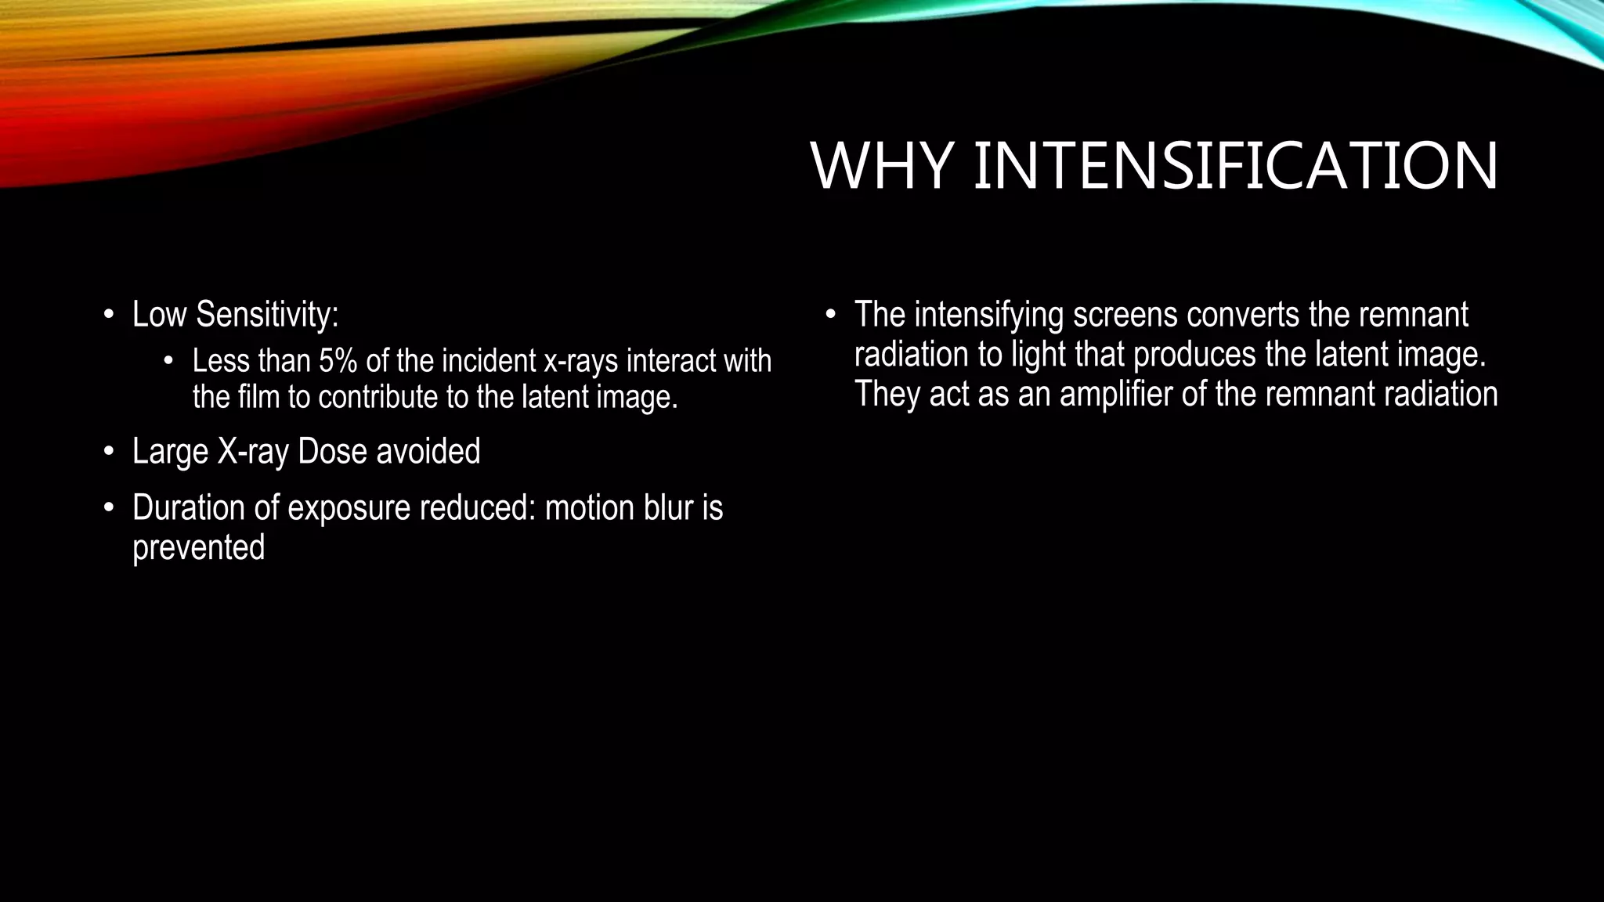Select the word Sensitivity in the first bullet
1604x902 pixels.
click(267, 315)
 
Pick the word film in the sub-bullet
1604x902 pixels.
click(258, 397)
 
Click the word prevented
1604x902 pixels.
click(198, 547)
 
